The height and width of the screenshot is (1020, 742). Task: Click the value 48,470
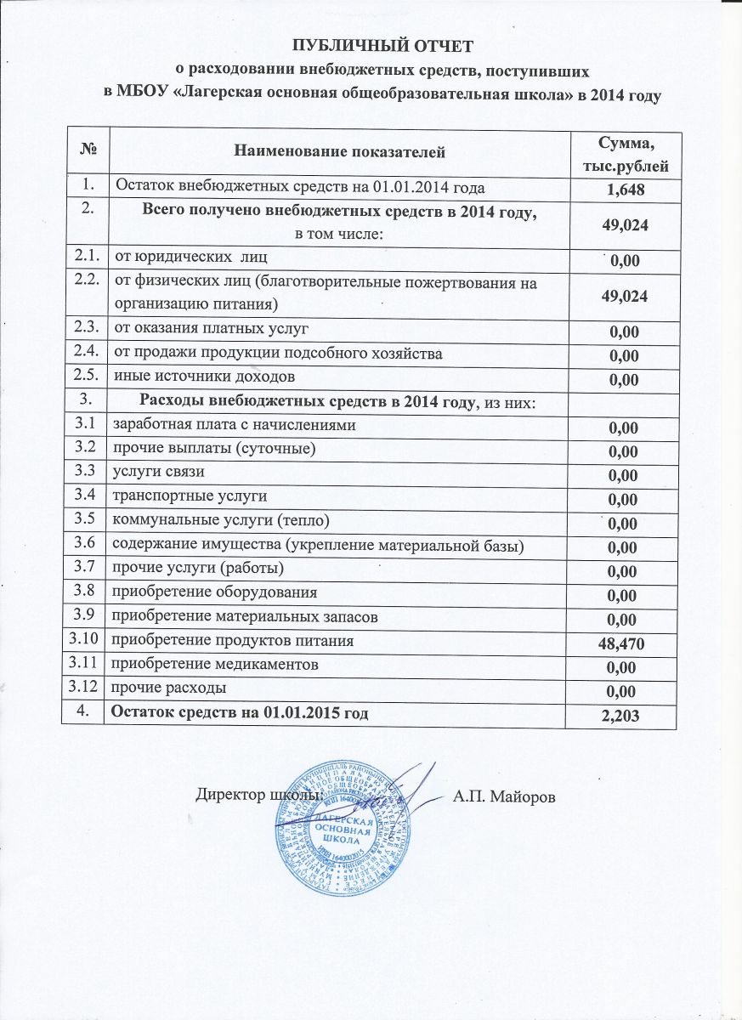pos(625,643)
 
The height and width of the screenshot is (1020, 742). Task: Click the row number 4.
pos(82,711)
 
